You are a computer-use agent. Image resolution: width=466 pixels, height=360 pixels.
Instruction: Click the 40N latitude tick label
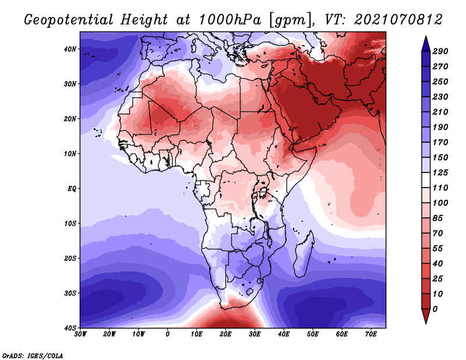click(x=70, y=49)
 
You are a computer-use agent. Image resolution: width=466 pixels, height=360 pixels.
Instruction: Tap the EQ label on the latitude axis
click(x=72, y=189)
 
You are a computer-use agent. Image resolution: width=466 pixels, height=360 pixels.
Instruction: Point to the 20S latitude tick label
click(x=70, y=258)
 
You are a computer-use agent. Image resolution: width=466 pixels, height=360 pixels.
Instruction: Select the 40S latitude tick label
click(x=70, y=328)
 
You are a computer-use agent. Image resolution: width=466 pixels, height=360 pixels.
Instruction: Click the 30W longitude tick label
click(x=80, y=334)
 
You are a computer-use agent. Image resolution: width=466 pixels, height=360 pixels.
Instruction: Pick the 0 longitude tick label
click(x=168, y=334)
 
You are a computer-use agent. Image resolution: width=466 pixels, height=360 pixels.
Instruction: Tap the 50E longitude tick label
click(x=313, y=334)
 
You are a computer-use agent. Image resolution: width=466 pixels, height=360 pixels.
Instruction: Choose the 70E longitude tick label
click(x=370, y=334)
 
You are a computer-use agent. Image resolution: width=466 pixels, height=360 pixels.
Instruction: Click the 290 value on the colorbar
click(x=440, y=51)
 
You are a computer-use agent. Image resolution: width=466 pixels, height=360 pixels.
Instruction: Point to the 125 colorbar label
click(x=440, y=172)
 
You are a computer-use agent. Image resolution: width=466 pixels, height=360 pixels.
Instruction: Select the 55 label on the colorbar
click(x=437, y=249)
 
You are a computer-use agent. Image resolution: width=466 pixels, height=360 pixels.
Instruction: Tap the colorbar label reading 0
click(x=435, y=309)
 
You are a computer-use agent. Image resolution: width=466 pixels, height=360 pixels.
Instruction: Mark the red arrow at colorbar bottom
click(x=426, y=316)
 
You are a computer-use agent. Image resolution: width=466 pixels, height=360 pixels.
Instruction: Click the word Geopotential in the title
click(x=69, y=20)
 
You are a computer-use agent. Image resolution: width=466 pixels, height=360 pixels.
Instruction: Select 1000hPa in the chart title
click(x=230, y=20)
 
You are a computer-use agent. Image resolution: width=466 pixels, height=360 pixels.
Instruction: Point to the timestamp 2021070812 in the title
click(x=398, y=20)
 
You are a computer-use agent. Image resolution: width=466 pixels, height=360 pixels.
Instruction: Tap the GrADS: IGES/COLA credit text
click(x=33, y=356)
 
